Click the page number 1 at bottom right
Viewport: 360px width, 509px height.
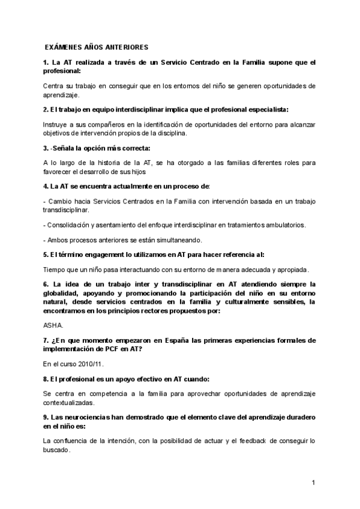(x=313, y=483)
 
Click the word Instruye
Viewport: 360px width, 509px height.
(x=58, y=124)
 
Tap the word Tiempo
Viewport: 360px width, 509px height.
(x=57, y=269)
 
